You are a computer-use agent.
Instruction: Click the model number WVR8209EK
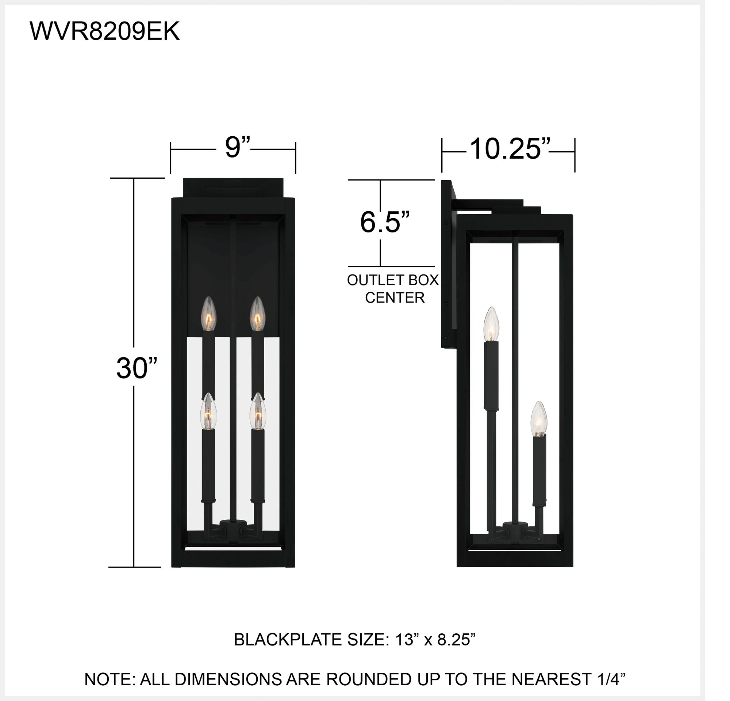point(104,31)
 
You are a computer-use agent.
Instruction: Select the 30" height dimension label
point(137,368)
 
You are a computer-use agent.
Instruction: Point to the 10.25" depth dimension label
point(510,149)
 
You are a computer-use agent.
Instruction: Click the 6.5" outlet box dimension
point(385,222)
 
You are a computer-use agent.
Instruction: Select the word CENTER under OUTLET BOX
point(395,298)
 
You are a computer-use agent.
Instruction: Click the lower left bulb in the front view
point(208,411)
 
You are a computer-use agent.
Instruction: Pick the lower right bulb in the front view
point(258,411)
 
